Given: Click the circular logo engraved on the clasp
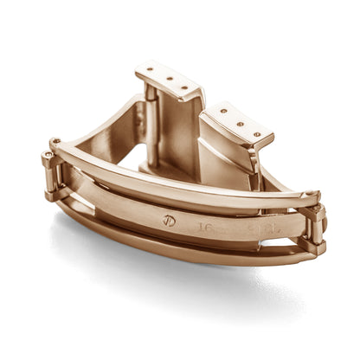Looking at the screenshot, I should pyautogui.click(x=169, y=221).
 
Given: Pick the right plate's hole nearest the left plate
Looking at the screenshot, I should pyautogui.click(x=222, y=111).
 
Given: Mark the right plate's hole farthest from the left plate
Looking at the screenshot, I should pyautogui.click(x=257, y=134).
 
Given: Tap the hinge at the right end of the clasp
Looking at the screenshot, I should pyautogui.click(x=314, y=227).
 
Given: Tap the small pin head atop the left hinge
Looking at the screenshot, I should pyautogui.click(x=55, y=141).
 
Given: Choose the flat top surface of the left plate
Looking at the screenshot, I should pyautogui.click(x=170, y=80).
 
